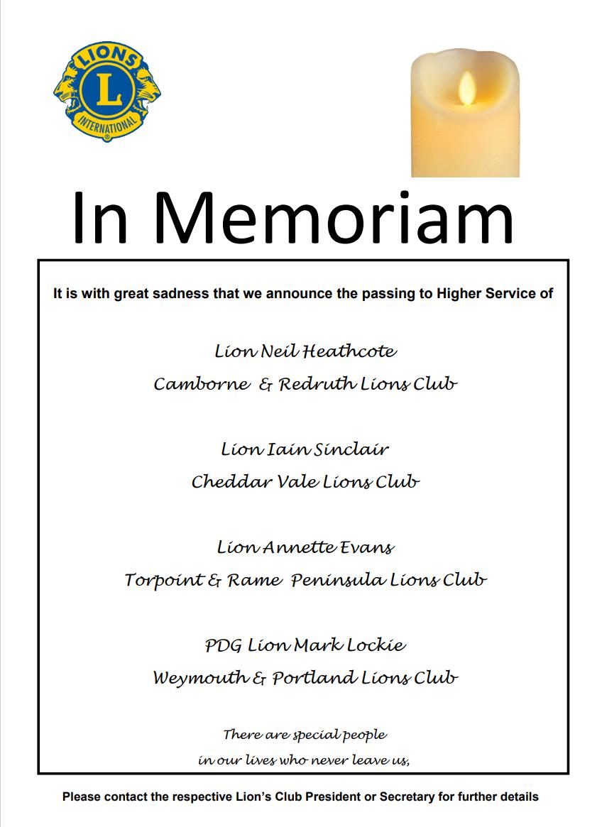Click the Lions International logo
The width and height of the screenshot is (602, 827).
tap(106, 91)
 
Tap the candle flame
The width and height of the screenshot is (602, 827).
tap(466, 87)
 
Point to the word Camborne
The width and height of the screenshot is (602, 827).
tap(202, 384)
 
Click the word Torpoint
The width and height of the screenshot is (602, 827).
tap(164, 580)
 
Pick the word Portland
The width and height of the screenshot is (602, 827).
tap(313, 678)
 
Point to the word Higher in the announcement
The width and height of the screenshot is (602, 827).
tap(438, 293)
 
